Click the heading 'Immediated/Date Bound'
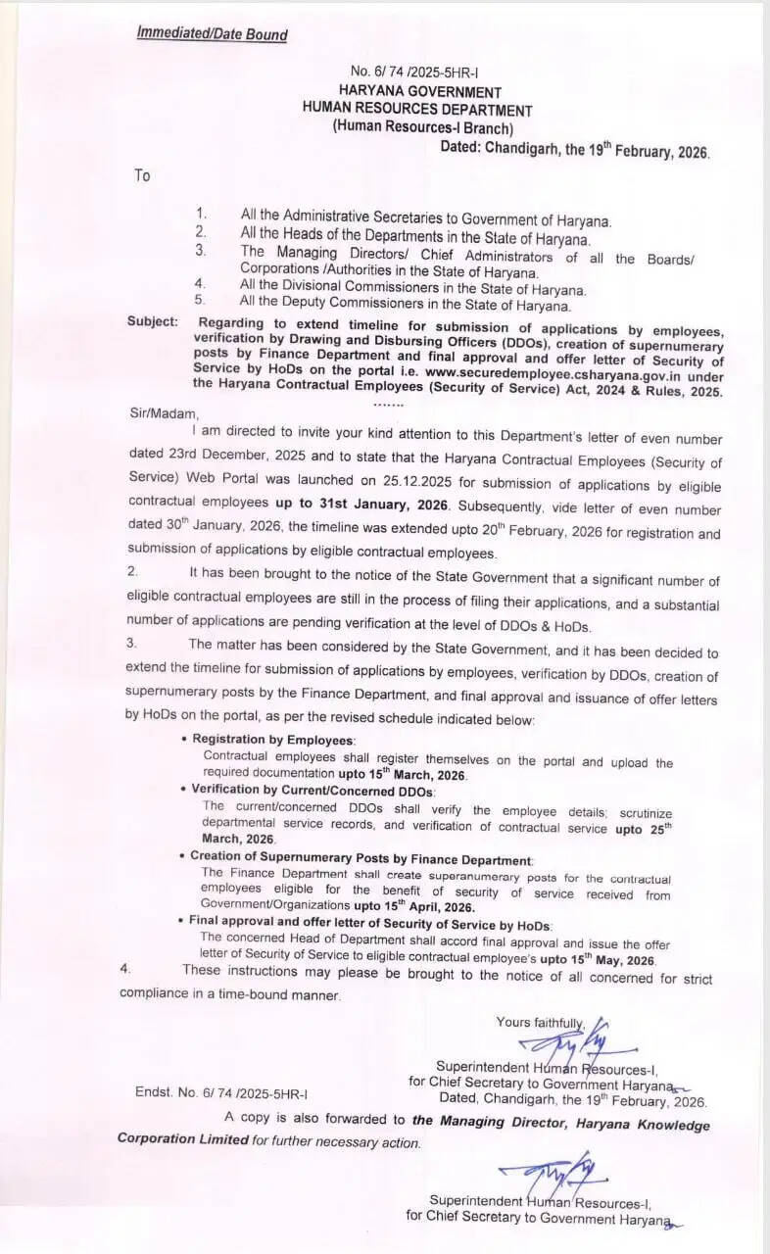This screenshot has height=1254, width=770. point(212,35)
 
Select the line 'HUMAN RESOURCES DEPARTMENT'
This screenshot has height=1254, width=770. point(417,110)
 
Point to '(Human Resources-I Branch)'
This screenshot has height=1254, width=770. point(422,127)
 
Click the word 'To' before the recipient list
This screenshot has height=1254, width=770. point(143,175)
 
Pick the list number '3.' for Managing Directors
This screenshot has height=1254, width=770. point(200,251)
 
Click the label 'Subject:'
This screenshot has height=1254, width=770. point(153,321)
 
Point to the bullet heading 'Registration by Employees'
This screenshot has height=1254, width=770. point(274,739)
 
